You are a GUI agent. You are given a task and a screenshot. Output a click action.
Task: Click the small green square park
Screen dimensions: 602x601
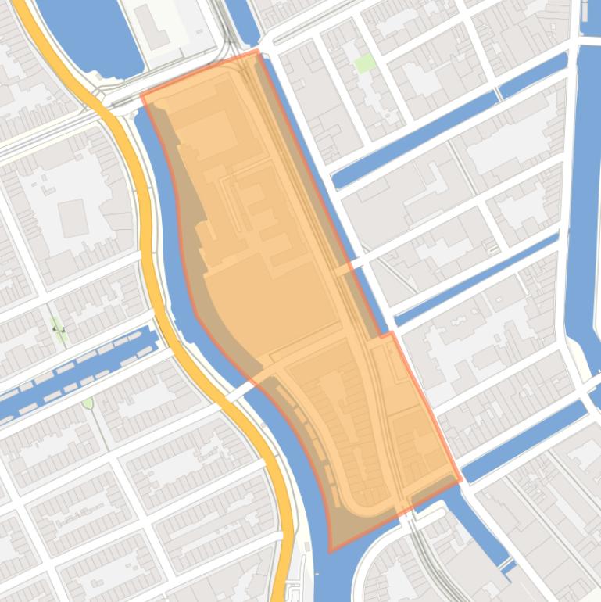click(x=364, y=63)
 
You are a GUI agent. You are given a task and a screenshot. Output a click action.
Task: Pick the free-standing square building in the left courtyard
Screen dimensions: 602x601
click(x=72, y=217)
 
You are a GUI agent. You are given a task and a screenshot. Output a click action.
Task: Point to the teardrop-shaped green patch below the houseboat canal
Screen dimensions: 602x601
click(x=88, y=403)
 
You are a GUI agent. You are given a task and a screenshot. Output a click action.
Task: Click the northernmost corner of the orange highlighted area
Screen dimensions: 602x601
click(x=257, y=51)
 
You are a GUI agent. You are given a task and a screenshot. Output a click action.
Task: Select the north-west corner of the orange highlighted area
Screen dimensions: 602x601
click(x=141, y=96)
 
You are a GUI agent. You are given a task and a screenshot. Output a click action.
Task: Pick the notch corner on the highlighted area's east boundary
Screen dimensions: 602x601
click(x=389, y=334)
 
